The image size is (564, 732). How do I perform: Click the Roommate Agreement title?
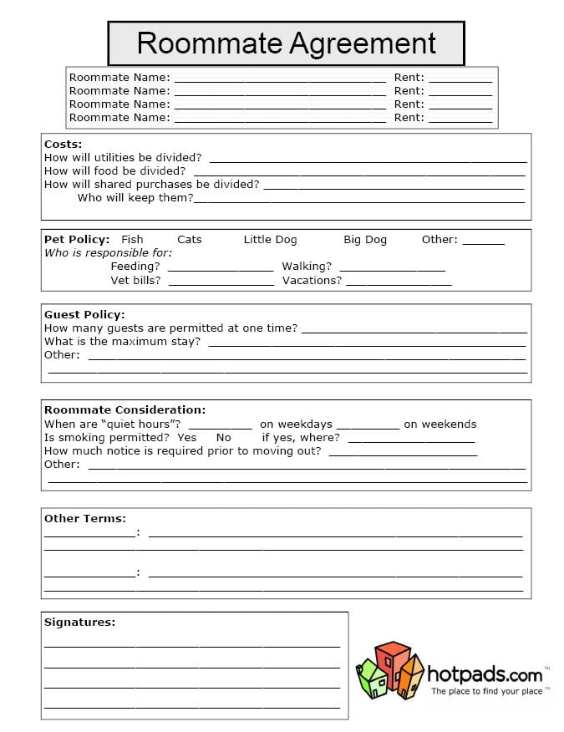tap(286, 43)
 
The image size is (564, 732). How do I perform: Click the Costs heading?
tap(63, 145)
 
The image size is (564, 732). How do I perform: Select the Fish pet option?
tap(132, 240)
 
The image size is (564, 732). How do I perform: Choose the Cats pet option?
tap(190, 240)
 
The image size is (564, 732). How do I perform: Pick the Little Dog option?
tap(270, 240)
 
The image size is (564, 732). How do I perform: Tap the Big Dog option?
tap(365, 240)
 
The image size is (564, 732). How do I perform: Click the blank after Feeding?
tap(221, 268)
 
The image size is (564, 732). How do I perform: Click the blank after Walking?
tap(393, 268)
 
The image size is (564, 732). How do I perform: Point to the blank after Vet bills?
tap(221, 282)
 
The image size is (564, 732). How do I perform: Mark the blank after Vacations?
tap(399, 282)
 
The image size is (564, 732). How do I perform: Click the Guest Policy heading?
tap(84, 315)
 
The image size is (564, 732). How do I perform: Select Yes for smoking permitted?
tap(187, 438)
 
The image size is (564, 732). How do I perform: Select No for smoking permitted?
tap(224, 438)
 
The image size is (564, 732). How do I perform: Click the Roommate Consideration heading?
tap(124, 410)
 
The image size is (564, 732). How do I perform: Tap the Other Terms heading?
tap(85, 519)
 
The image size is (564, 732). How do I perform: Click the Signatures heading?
tap(79, 623)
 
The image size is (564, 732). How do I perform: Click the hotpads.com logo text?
tap(485, 674)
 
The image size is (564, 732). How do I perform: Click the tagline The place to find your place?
tap(486, 692)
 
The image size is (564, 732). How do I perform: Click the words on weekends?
tap(440, 424)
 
